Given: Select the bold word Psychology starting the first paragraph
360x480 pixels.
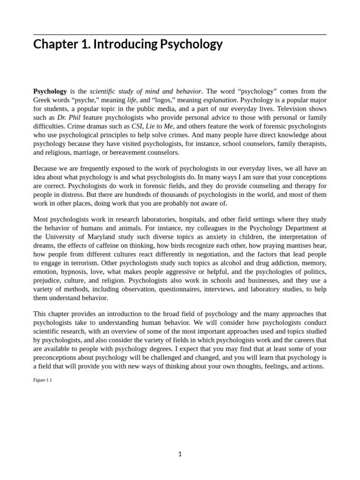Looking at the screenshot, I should coord(50,91).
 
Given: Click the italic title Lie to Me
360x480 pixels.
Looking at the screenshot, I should coord(159,126).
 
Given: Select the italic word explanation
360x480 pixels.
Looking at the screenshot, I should coord(219,100).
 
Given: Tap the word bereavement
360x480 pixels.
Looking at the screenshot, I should coord(127,152).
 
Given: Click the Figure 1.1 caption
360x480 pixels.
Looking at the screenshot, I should coord(42,380).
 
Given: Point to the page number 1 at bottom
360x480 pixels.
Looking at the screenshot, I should coord(180,454).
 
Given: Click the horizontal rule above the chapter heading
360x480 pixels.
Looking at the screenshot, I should coord(180,35).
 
